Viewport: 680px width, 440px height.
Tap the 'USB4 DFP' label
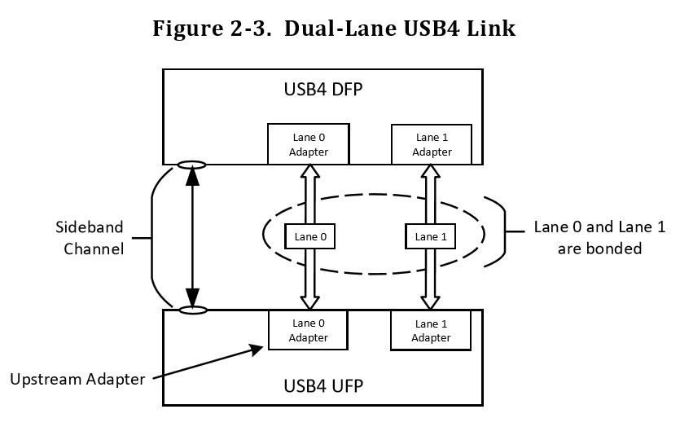tap(322, 89)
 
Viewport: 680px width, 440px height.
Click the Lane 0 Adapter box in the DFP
tap(309, 144)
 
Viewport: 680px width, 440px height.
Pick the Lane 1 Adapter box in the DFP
tap(432, 144)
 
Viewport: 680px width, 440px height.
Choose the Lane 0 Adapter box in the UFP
tap(309, 330)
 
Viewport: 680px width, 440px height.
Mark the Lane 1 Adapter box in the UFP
tap(432, 331)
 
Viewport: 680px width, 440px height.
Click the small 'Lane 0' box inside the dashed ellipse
tap(309, 236)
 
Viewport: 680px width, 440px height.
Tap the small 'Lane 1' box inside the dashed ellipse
tap(431, 236)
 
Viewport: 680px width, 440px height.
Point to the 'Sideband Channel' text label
tap(90, 238)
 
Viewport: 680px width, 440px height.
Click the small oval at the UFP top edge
tap(192, 310)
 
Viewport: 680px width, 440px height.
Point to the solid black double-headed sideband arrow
tap(192, 237)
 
